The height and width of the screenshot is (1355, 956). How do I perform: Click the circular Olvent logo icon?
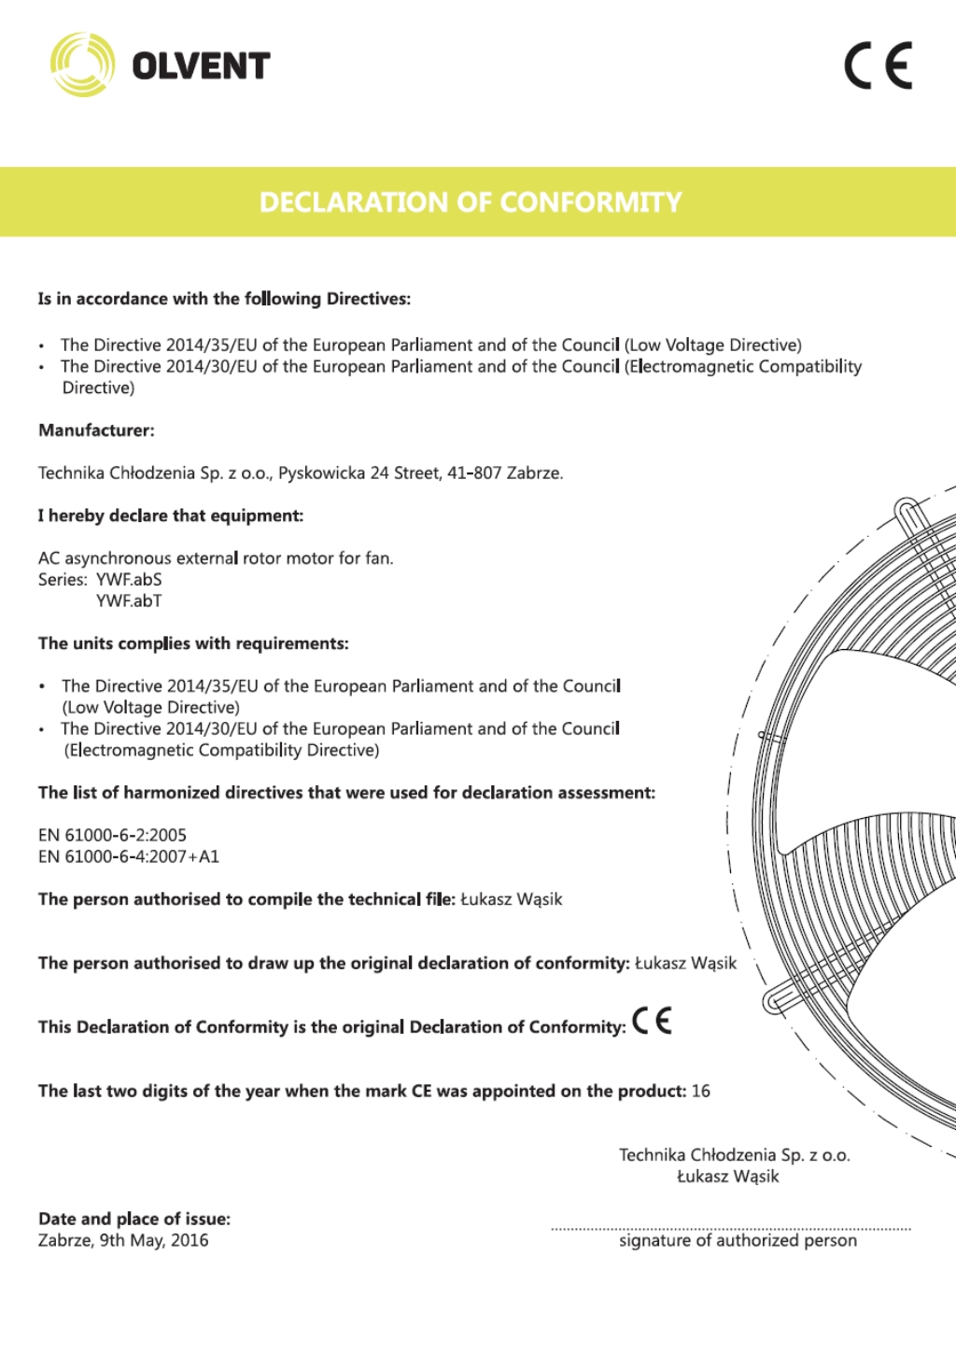(x=82, y=64)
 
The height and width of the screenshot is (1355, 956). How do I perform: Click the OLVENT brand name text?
(x=201, y=66)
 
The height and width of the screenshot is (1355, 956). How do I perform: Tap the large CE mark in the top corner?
(x=878, y=65)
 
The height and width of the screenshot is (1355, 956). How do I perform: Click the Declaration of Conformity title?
(x=471, y=203)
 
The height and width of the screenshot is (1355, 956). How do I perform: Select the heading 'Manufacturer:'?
(x=96, y=430)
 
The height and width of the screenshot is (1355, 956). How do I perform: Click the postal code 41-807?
(x=473, y=473)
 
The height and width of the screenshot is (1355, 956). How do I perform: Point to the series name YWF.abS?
(x=129, y=580)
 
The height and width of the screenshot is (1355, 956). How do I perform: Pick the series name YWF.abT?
(x=129, y=601)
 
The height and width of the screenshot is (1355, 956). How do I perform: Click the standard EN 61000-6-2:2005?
(x=112, y=836)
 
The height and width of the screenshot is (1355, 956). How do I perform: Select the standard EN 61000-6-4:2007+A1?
(x=129, y=857)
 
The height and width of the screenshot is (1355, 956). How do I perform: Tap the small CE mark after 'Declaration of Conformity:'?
(x=652, y=1022)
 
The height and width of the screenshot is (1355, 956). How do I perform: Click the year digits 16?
(x=700, y=1092)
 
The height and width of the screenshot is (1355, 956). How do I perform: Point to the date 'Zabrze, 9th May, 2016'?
(x=123, y=1241)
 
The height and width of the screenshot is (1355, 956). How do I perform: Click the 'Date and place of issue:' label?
(x=134, y=1220)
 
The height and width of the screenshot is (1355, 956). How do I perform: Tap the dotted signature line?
(x=730, y=1229)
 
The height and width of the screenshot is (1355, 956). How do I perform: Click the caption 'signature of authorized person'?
(x=738, y=1241)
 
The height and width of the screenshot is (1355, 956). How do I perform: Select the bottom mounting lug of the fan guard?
(x=776, y=1002)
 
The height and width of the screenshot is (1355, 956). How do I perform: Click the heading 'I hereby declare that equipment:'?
(x=171, y=516)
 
